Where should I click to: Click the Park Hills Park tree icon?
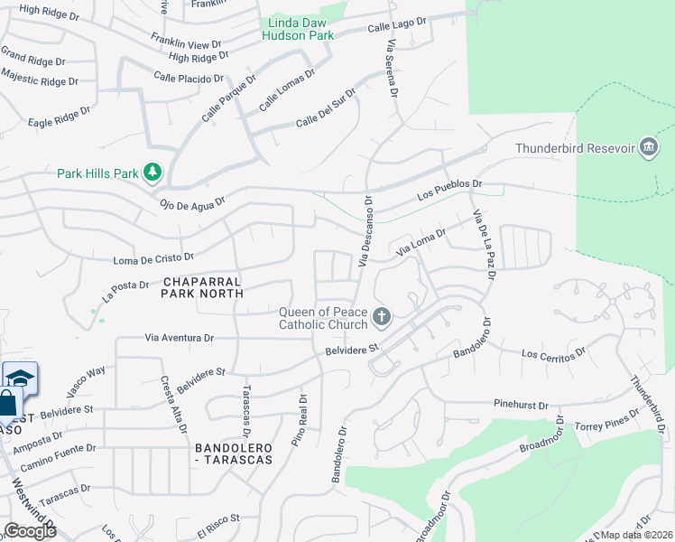tap(153, 172)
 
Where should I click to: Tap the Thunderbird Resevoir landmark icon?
tap(647, 147)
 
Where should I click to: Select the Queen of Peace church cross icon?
tap(382, 317)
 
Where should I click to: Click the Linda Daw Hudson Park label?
tap(298, 29)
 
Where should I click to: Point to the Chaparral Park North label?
tap(202, 286)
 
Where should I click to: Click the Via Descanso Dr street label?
tap(365, 231)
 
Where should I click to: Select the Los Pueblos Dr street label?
tap(449, 190)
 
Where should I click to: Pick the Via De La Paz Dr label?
tap(483, 244)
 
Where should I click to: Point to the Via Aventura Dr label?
tap(180, 338)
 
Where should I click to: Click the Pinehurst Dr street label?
tap(521, 406)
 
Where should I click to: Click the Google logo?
tap(30, 531)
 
